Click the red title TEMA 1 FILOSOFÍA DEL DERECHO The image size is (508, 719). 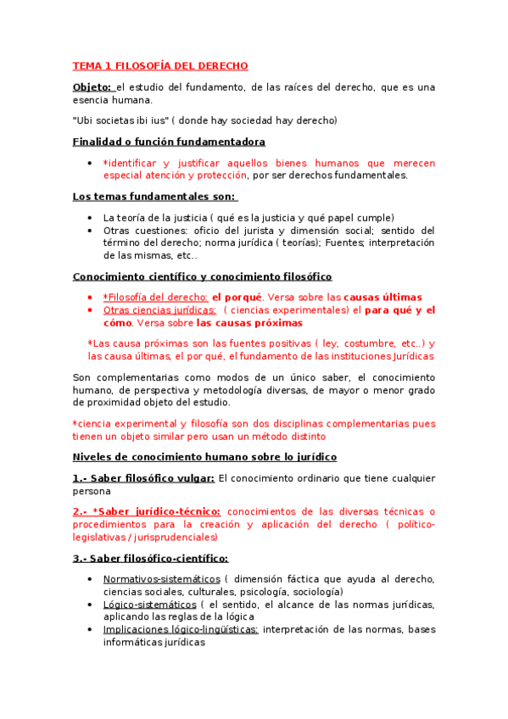click(x=159, y=65)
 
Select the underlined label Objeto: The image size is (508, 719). click(x=92, y=87)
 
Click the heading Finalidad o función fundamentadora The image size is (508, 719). click(x=169, y=142)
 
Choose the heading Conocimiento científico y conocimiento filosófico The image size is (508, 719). click(x=202, y=276)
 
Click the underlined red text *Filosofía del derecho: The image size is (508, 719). click(x=155, y=298)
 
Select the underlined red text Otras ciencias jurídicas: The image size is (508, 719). click(x=159, y=310)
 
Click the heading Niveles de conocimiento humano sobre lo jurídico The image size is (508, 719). click(x=204, y=457)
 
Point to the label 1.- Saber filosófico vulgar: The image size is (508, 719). click(x=143, y=478)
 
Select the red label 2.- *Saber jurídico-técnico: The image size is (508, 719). click(x=147, y=511)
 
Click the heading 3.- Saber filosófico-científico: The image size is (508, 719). click(x=150, y=558)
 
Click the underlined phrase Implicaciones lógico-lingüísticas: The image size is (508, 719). click(x=181, y=630)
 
